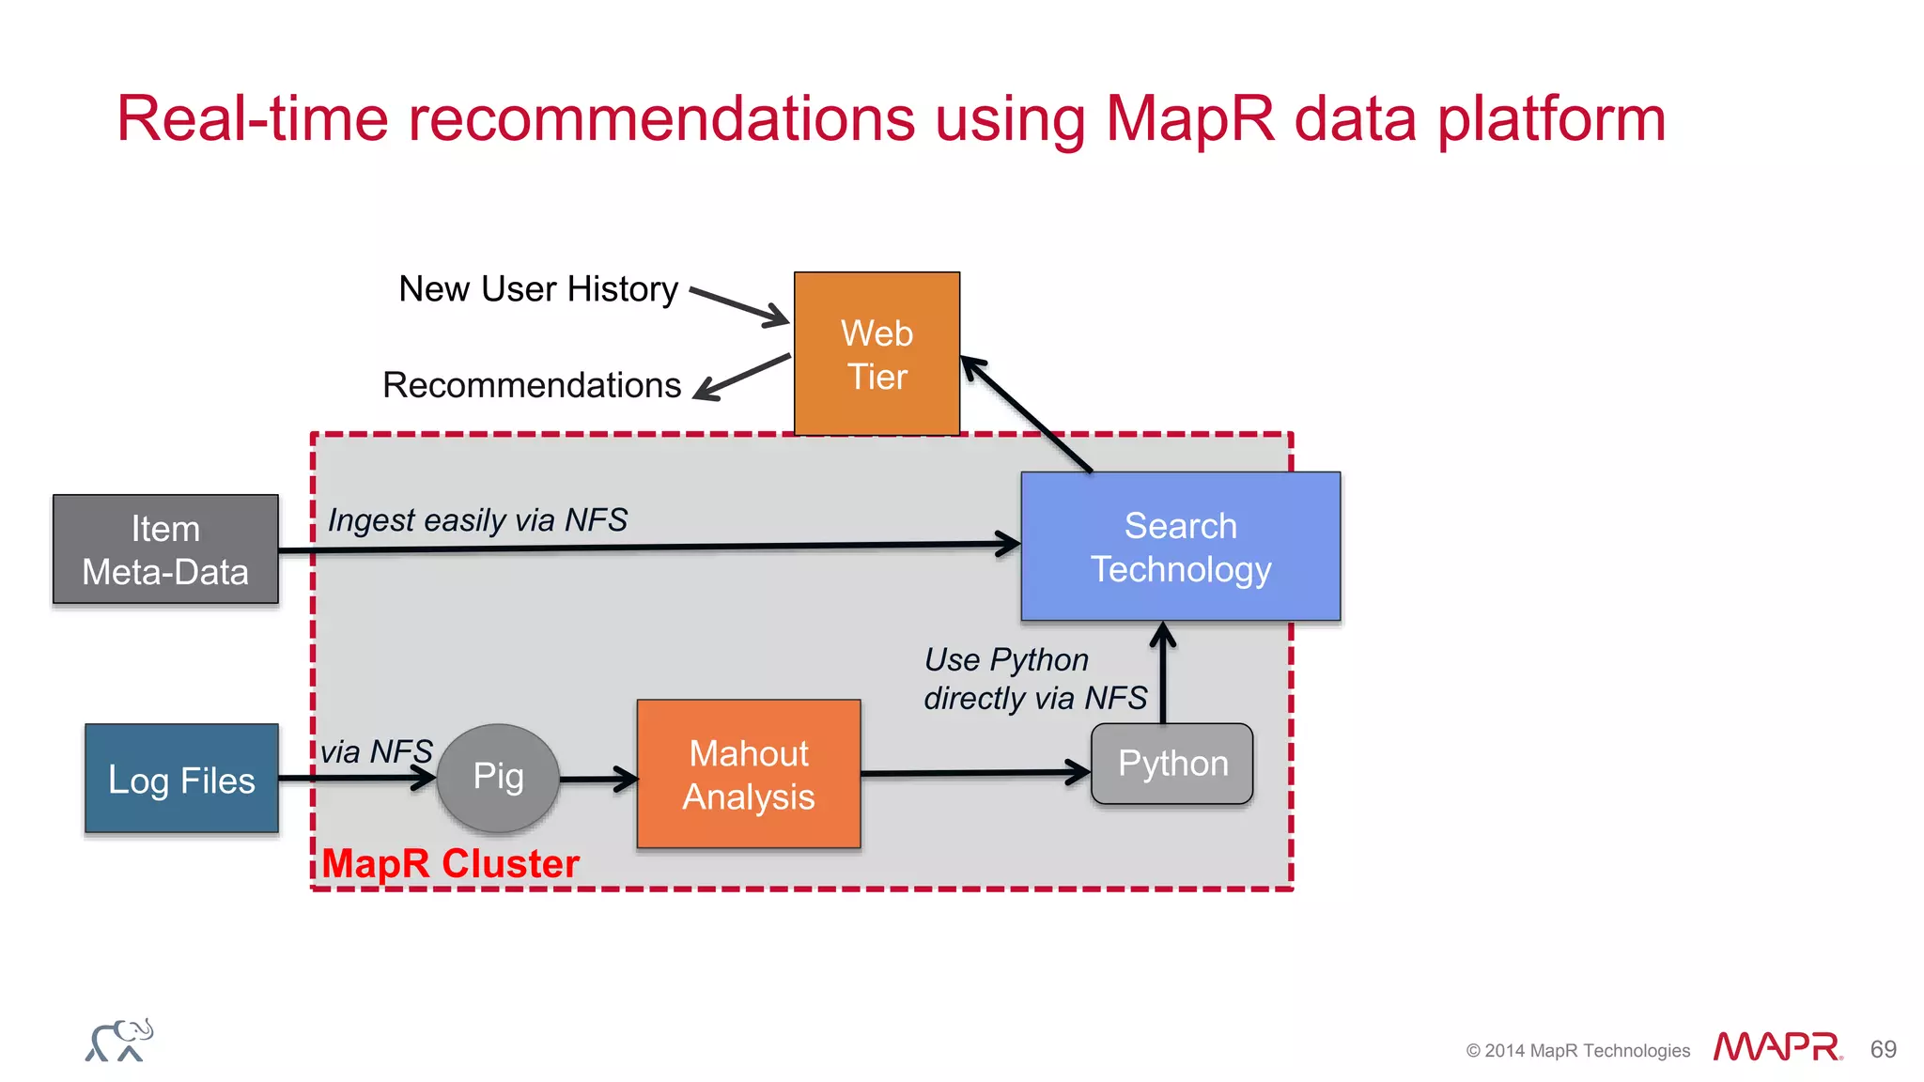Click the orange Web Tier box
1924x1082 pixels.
tap(877, 353)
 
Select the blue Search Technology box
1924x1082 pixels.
tap(1180, 546)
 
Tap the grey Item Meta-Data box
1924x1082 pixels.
tap(165, 549)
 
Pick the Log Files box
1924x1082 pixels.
tap(181, 779)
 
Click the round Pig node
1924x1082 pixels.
tap(498, 778)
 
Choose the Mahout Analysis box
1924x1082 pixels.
tap(749, 774)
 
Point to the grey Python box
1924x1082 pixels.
tap(1171, 764)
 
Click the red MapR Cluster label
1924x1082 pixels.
tap(450, 863)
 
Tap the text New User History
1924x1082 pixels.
tap(538, 289)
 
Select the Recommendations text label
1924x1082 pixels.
tap(532, 385)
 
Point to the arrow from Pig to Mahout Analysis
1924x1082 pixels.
tap(597, 779)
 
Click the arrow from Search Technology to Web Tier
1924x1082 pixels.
tap(1027, 414)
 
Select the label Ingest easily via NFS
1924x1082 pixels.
tap(477, 519)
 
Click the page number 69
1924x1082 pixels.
tap(1883, 1049)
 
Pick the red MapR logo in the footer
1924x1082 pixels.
tap(1777, 1047)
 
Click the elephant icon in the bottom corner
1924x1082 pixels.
tap(119, 1041)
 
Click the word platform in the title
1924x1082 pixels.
tap(1551, 120)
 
